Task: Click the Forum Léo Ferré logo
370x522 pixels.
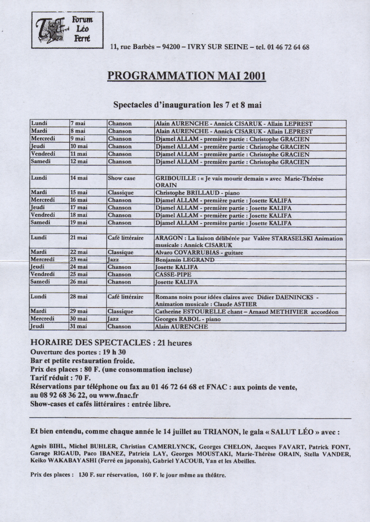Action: click(x=67, y=30)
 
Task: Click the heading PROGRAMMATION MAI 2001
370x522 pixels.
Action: click(x=186, y=75)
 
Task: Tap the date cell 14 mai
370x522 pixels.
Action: click(x=79, y=178)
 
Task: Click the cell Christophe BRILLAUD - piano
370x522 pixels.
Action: click(x=197, y=193)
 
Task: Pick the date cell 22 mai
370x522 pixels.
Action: click(x=79, y=252)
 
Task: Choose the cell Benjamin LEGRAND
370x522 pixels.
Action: click(x=185, y=260)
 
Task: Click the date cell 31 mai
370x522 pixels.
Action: click(x=79, y=326)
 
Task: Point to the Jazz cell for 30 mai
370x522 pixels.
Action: click(x=114, y=319)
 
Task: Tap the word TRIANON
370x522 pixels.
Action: click(x=218, y=432)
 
